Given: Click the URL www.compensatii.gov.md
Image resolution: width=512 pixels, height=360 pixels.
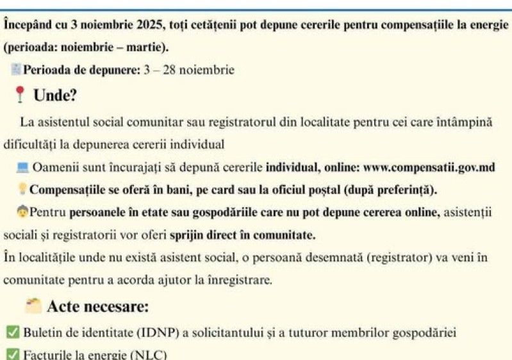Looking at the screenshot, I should [x=429, y=168].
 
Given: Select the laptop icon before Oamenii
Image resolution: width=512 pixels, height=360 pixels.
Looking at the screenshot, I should [x=22, y=168].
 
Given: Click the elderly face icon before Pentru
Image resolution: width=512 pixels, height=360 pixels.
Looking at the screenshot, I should [x=22, y=211].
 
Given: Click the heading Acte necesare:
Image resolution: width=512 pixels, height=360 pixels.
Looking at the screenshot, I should [x=97, y=307].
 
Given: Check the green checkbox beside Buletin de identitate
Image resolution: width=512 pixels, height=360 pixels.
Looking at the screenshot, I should [x=12, y=332].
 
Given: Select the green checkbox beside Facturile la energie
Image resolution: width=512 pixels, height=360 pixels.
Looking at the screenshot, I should [x=12, y=353].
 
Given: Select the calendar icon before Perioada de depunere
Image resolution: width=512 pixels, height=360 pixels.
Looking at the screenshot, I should [x=16, y=69].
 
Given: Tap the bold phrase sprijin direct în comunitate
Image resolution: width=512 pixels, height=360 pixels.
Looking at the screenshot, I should [x=242, y=235].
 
